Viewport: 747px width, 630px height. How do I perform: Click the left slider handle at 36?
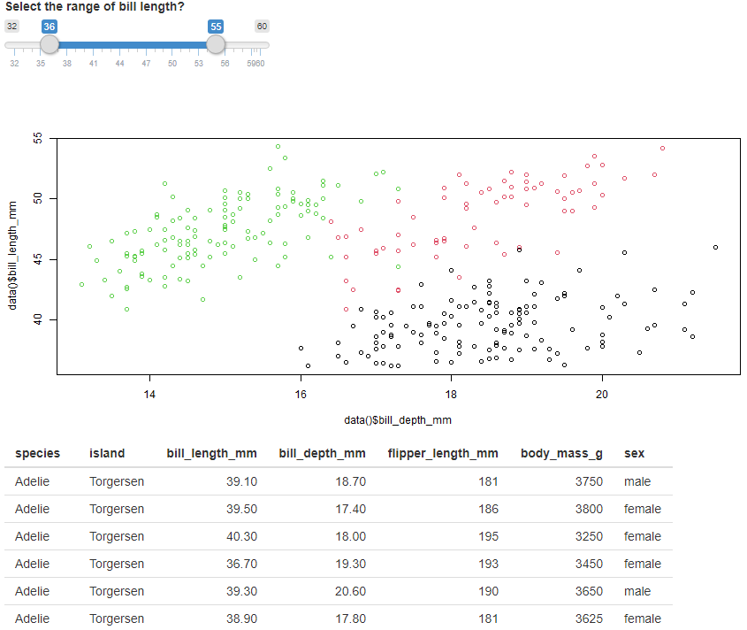click(50, 44)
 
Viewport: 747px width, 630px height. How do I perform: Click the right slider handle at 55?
click(216, 44)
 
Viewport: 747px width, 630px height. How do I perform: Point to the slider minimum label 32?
click(11, 27)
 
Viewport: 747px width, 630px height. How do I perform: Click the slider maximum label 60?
click(262, 27)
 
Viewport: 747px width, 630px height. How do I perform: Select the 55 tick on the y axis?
click(37, 138)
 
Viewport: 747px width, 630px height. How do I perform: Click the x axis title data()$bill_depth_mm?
click(398, 419)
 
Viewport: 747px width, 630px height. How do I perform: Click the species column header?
click(38, 453)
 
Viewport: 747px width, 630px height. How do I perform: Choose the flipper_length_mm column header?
click(443, 453)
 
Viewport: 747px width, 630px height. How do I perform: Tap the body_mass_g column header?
click(561, 453)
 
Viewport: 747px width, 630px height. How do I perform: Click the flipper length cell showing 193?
click(488, 564)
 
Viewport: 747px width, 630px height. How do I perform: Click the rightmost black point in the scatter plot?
click(715, 247)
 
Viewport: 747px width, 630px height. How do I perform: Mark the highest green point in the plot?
click(278, 147)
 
